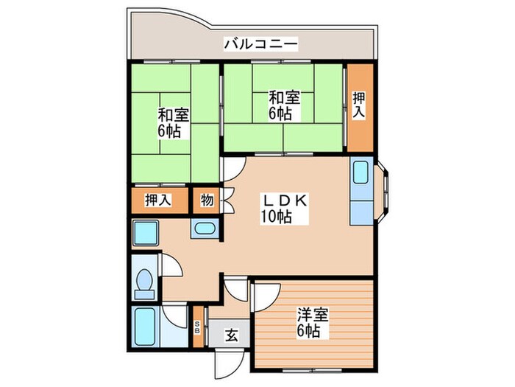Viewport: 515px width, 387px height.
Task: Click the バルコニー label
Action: pos(260,45)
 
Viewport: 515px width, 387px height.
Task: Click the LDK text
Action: pos(280,200)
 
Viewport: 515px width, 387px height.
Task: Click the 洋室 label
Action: pos(313,315)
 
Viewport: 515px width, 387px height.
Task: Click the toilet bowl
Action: pos(145,282)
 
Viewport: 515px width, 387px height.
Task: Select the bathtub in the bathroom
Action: pos(146,326)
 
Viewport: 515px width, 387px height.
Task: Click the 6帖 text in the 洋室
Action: pos(310,331)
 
